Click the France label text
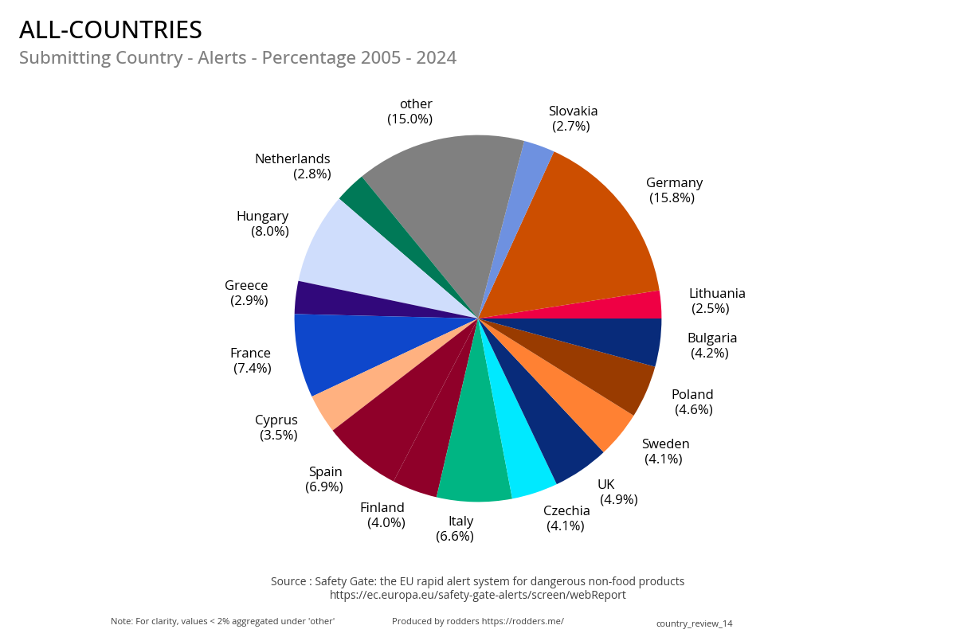[x=250, y=353]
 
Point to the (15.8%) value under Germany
[x=672, y=197]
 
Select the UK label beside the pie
[x=606, y=484]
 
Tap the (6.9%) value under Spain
[x=324, y=487]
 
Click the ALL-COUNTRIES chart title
[x=111, y=29]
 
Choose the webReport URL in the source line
[x=477, y=595]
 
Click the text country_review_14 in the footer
[x=694, y=623]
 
